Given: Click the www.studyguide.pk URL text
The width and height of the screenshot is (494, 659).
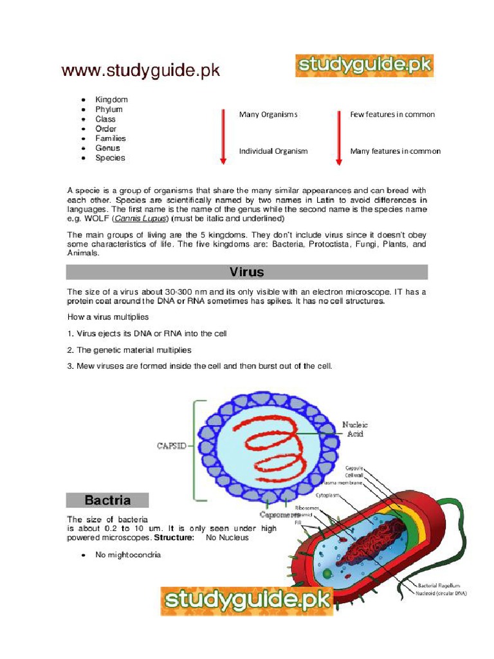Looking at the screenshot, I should (140, 71).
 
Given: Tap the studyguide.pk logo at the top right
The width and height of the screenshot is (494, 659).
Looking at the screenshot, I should (364, 66).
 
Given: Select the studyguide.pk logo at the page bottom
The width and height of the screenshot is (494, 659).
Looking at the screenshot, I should (247, 601).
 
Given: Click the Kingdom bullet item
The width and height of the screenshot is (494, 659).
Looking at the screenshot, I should (111, 100).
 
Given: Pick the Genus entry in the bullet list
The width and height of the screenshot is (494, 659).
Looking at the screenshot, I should (107, 148).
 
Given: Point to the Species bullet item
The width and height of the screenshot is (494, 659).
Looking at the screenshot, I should (110, 158).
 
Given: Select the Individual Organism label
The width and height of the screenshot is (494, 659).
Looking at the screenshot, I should (273, 151).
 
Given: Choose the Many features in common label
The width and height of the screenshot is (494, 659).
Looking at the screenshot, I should (395, 151).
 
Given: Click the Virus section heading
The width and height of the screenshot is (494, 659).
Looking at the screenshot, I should (247, 272).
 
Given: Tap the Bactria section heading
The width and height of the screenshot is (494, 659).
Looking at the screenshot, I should (107, 500).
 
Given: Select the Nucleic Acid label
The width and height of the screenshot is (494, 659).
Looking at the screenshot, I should (354, 429).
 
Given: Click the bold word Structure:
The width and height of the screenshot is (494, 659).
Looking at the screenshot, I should (173, 537).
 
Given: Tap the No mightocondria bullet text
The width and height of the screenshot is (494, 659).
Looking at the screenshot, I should (128, 555).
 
